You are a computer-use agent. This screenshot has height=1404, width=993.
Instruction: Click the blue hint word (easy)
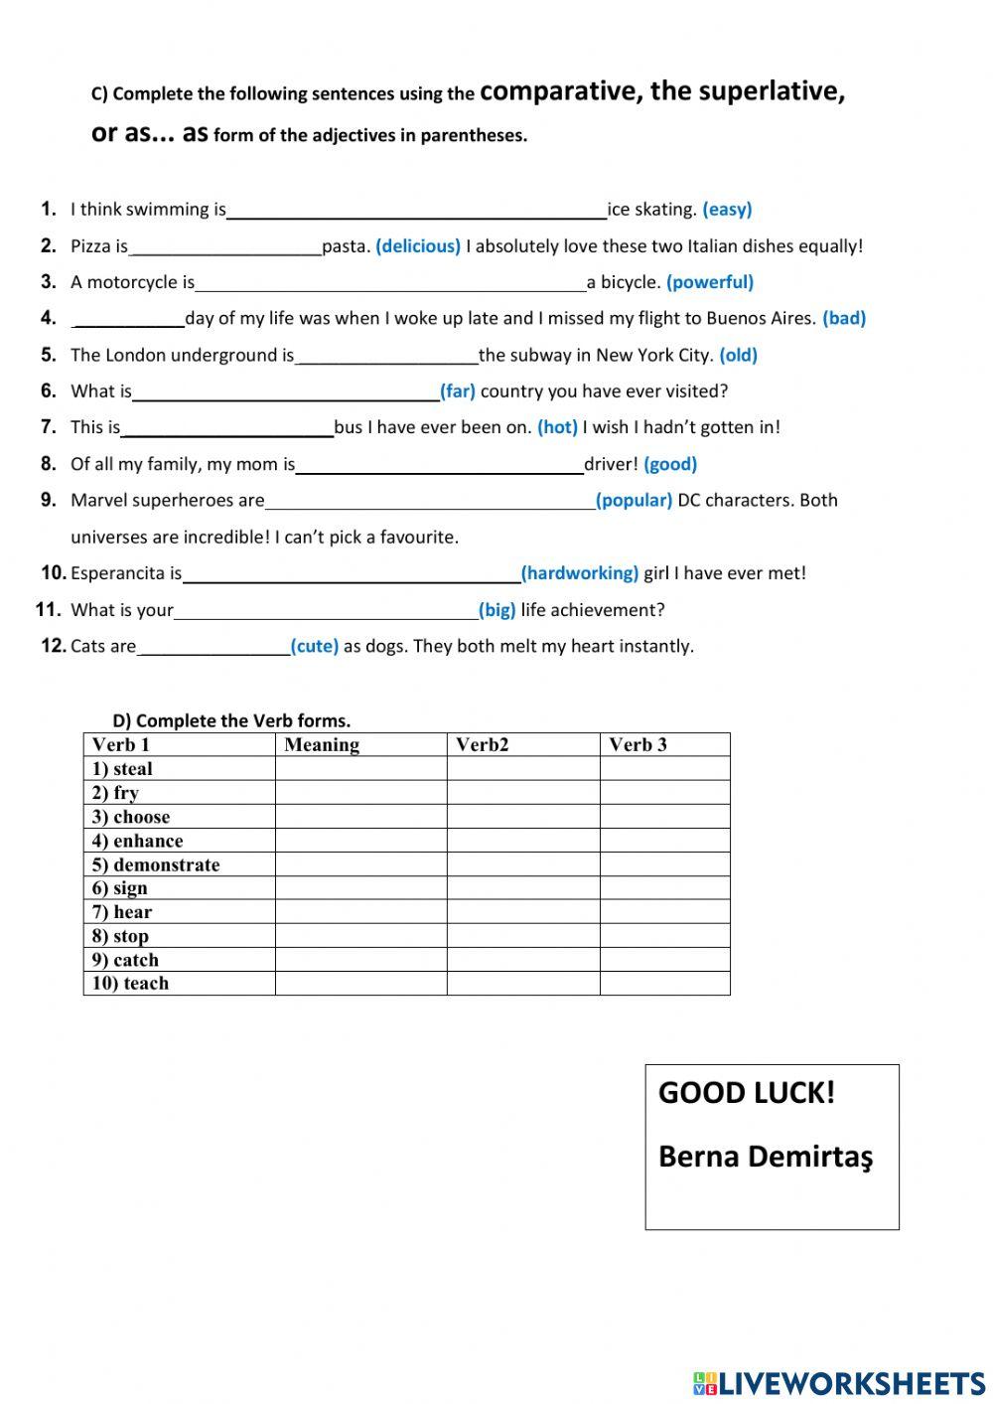[x=727, y=210]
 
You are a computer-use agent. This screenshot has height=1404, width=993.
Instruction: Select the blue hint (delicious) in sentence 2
[x=418, y=246]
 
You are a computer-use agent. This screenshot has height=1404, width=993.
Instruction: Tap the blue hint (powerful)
[x=710, y=282]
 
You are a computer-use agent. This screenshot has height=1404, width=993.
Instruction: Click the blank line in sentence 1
[x=416, y=212]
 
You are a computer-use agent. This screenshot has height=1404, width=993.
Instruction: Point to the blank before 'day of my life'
[x=129, y=321]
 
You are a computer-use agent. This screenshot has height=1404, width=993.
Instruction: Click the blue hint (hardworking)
[x=580, y=573]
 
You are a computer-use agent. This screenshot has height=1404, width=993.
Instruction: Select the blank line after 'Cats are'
[x=213, y=649]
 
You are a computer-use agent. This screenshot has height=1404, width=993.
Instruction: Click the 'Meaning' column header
[x=322, y=745]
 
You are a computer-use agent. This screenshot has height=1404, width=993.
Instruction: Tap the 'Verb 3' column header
[x=638, y=745]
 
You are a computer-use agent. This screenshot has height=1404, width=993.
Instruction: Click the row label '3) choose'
[x=131, y=817]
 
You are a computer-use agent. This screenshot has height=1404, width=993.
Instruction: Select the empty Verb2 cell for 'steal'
[x=522, y=769]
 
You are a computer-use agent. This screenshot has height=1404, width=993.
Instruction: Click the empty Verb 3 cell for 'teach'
[x=664, y=984]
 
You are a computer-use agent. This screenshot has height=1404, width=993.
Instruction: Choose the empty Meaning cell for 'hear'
[x=360, y=912]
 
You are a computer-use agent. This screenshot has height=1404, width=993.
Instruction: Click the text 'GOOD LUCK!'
[x=747, y=1093]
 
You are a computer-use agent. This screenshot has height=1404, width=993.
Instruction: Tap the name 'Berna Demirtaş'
[x=766, y=1157]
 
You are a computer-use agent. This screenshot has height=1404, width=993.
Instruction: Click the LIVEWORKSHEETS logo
[x=839, y=1383]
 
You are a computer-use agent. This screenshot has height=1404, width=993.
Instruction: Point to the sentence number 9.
[x=49, y=501]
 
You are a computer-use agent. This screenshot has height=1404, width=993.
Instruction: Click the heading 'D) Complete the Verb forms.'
[x=231, y=721]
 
